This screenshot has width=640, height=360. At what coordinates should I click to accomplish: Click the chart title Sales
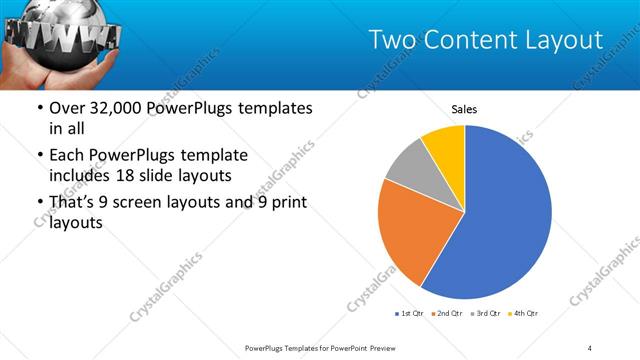pos(464,108)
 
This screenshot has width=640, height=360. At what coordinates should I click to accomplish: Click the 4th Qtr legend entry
pos(524,314)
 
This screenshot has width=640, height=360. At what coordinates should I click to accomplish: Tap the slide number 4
pos(590,347)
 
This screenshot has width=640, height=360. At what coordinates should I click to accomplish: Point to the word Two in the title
pos(393,40)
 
